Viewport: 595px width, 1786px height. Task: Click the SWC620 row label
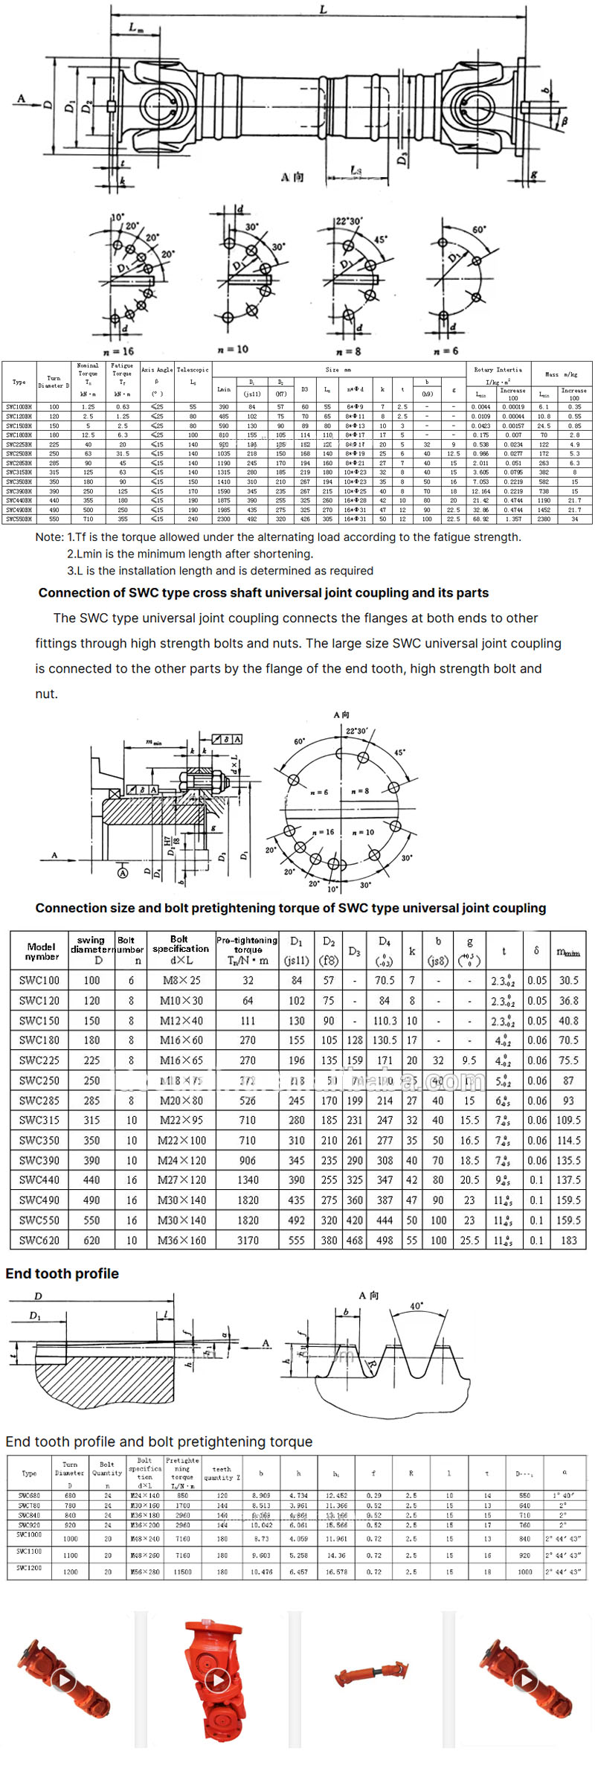pyautogui.click(x=39, y=1241)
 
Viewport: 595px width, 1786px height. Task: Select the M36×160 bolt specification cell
pyautogui.click(x=181, y=1241)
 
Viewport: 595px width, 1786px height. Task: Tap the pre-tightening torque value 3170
pyautogui.click(x=248, y=1241)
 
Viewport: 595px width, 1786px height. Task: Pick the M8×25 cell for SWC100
pyautogui.click(x=181, y=980)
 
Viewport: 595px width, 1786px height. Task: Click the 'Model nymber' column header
pyautogui.click(x=42, y=951)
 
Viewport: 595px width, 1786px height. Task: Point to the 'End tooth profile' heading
pyautogui.click(x=62, y=1273)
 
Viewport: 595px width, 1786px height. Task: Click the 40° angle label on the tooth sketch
pyautogui.click(x=416, y=1306)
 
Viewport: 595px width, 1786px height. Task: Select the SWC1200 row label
pyautogui.click(x=29, y=1567)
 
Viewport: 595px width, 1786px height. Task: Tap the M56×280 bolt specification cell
pyautogui.click(x=145, y=1572)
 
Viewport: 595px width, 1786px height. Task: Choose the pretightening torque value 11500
pyautogui.click(x=183, y=1572)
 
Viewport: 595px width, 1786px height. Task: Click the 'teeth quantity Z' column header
pyautogui.click(x=222, y=1473)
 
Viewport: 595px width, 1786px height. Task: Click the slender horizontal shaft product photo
pyautogui.click(x=370, y=1676)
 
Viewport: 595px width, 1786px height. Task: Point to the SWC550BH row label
pyautogui.click(x=19, y=519)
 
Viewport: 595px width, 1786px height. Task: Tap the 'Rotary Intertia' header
pyautogui.click(x=498, y=369)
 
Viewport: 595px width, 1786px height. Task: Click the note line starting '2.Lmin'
pyautogui.click(x=190, y=554)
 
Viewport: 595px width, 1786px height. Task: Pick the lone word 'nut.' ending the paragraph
pyautogui.click(x=46, y=694)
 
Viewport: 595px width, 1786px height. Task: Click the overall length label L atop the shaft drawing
pyautogui.click(x=323, y=10)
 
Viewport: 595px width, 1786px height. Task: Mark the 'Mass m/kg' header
pyautogui.click(x=561, y=374)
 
